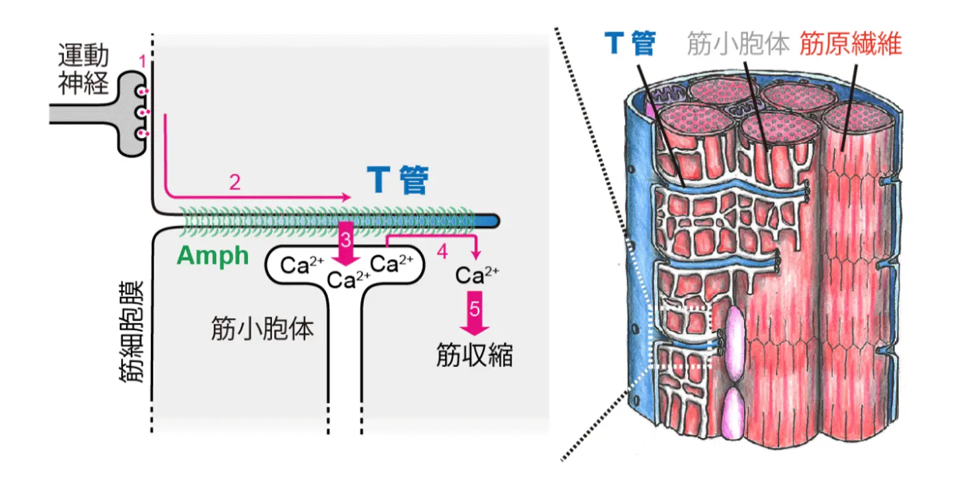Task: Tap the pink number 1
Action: (x=143, y=62)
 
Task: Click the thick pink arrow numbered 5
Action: (x=475, y=314)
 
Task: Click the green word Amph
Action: (x=213, y=256)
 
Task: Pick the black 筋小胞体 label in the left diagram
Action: (x=262, y=329)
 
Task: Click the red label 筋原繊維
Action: (x=851, y=44)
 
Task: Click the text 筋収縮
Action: (x=474, y=355)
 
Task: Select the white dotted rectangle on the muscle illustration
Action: (x=683, y=336)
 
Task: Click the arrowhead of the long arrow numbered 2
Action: (x=346, y=197)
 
